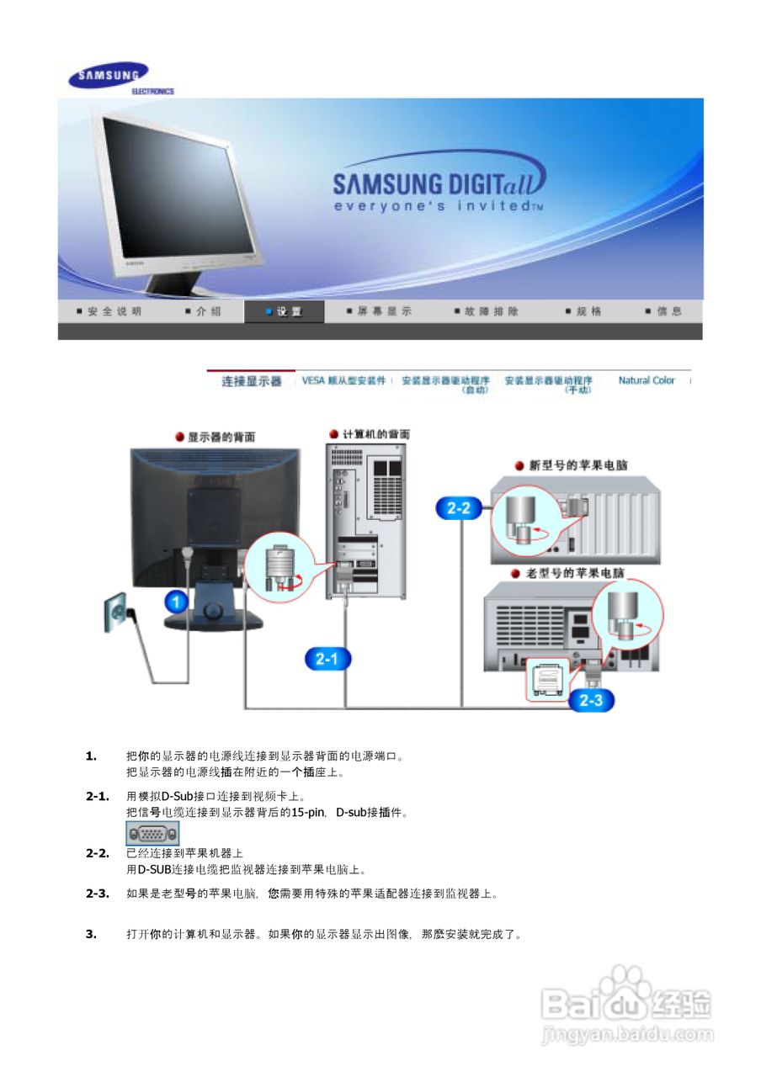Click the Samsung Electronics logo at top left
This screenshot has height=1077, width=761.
click(120, 79)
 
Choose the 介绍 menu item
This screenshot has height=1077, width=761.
click(204, 311)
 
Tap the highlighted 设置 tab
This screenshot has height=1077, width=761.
click(284, 311)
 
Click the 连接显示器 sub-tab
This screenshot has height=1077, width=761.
click(251, 381)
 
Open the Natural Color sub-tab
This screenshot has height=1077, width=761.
click(647, 380)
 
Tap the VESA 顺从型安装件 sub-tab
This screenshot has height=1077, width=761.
click(343, 380)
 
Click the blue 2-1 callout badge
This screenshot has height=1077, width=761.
click(327, 660)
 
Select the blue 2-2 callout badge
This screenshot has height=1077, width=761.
click(458, 507)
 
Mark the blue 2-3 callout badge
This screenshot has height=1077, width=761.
click(591, 700)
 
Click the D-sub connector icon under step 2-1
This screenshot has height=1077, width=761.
click(152, 833)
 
